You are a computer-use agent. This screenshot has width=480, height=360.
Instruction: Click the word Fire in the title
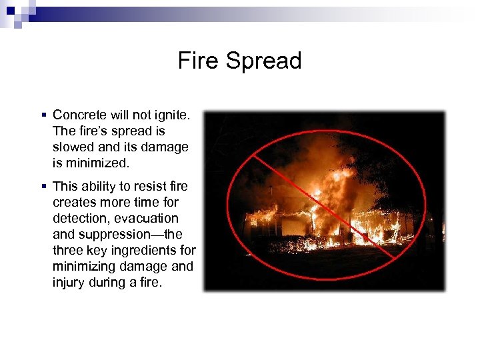click(x=199, y=61)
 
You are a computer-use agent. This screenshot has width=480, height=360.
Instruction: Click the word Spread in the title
click(x=263, y=61)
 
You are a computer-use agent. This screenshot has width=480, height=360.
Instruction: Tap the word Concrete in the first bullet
click(x=79, y=115)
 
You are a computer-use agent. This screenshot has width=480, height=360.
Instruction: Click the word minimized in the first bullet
click(x=94, y=163)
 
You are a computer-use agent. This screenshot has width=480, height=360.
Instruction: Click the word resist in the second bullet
click(x=152, y=186)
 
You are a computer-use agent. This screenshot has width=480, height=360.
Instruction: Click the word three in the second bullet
click(x=68, y=250)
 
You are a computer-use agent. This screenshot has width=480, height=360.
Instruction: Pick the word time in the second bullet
click(x=150, y=202)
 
